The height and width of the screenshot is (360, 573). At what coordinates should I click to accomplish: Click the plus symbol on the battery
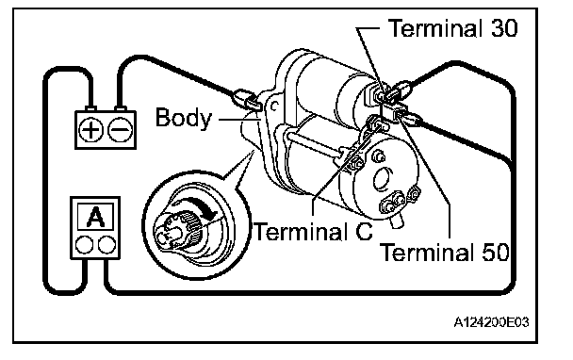click(x=90, y=130)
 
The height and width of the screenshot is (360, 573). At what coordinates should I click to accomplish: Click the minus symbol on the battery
click(x=121, y=130)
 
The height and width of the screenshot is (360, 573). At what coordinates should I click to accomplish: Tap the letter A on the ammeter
click(x=95, y=217)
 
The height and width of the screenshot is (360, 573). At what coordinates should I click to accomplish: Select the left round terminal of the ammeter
click(x=84, y=244)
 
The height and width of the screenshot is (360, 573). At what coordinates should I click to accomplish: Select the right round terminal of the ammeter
click(x=106, y=244)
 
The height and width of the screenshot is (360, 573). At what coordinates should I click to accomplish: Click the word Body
click(x=184, y=118)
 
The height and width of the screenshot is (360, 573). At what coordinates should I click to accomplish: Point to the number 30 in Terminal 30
click(x=504, y=27)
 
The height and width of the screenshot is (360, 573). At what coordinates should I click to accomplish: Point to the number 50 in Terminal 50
click(x=496, y=252)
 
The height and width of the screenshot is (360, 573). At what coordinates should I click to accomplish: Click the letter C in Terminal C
click(x=364, y=231)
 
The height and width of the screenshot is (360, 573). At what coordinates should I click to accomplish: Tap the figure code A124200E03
click(x=491, y=322)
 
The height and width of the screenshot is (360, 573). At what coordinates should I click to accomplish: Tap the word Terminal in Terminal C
click(x=301, y=231)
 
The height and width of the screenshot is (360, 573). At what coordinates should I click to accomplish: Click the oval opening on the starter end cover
click(x=383, y=179)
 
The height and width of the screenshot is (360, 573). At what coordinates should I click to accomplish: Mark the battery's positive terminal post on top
click(x=90, y=109)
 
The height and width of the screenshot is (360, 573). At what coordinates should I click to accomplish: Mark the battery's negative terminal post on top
click(x=120, y=109)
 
